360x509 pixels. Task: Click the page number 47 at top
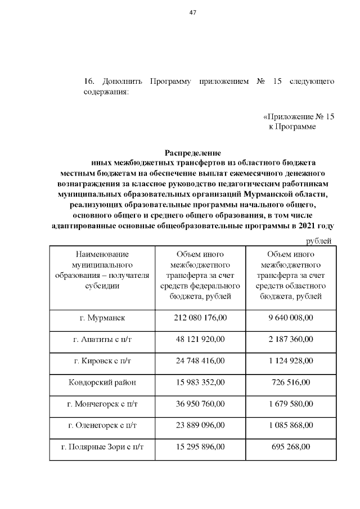tap(192, 13)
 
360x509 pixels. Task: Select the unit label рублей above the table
tap(318, 241)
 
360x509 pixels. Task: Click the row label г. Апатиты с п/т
tap(102, 340)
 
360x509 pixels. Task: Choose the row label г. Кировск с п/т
tap(102, 361)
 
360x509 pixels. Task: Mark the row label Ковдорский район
tap(102, 382)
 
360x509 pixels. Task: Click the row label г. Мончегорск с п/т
tap(102, 404)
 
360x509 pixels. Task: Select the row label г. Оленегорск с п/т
tap(102, 426)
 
